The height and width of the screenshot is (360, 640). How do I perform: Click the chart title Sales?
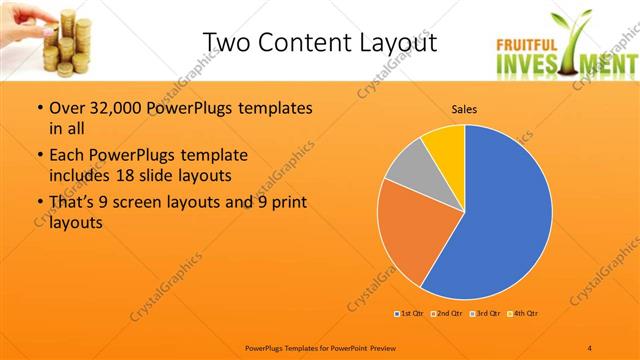tap(465, 109)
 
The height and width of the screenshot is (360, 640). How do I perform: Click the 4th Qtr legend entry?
tap(523, 314)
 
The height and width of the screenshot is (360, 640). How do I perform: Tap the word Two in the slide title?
tap(227, 42)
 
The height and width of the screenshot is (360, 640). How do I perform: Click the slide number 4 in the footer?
tap(590, 347)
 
